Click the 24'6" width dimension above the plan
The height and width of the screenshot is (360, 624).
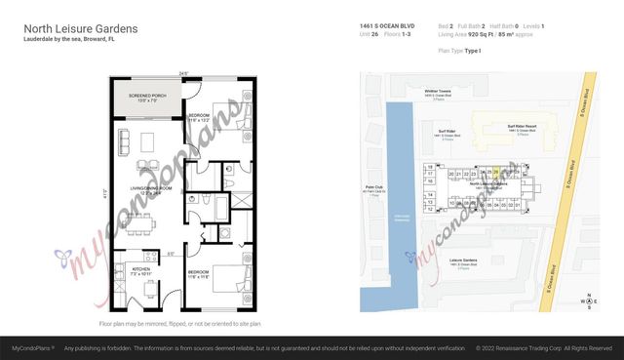pos(182,74)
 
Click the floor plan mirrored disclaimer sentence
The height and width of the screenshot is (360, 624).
pos(179,324)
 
